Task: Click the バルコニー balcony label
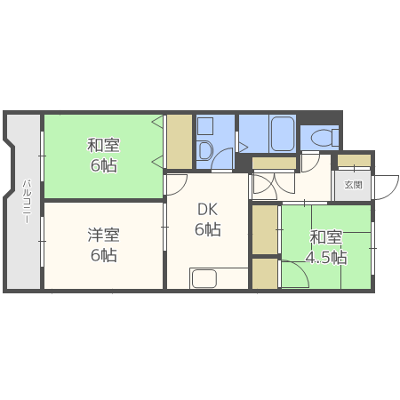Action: click(x=27, y=201)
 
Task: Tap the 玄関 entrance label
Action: click(x=353, y=185)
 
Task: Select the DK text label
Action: click(x=207, y=210)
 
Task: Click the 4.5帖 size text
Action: click(x=326, y=257)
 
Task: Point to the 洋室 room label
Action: click(x=104, y=235)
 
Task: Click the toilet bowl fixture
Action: click(x=324, y=138)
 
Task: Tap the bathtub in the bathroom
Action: click(x=283, y=133)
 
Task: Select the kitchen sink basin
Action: click(x=204, y=278)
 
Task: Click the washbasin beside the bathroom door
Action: click(x=205, y=150)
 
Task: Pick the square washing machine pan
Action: click(x=205, y=126)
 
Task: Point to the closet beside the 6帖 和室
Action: click(x=180, y=142)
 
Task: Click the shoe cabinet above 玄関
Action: click(x=355, y=161)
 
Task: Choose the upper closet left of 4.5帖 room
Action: click(x=265, y=229)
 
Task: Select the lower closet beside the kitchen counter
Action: click(x=265, y=274)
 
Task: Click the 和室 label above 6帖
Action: click(x=103, y=145)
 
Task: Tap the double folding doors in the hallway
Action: click(x=274, y=185)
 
